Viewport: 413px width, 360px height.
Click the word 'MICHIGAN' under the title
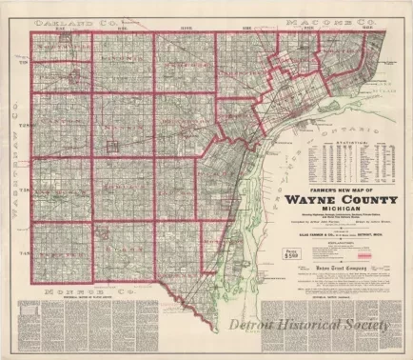click(x=339, y=215)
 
